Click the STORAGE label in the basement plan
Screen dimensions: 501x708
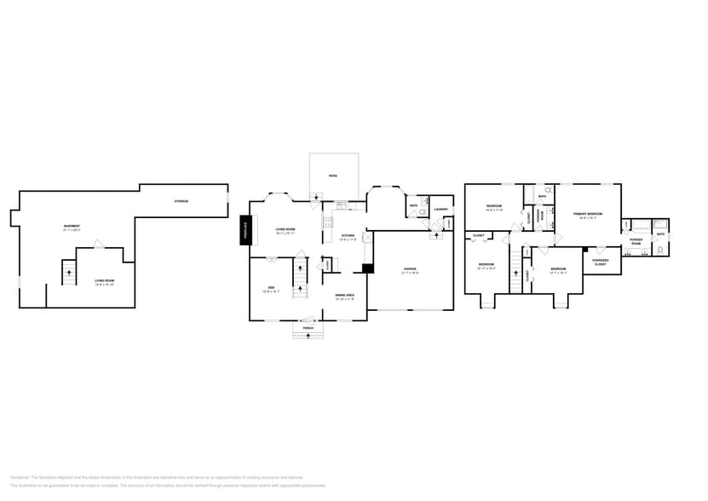[181, 201]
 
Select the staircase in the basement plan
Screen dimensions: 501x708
[69, 274]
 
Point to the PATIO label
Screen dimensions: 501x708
[333, 176]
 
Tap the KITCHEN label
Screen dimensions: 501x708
[348, 236]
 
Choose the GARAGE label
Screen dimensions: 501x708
[410, 270]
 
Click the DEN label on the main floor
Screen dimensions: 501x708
[271, 288]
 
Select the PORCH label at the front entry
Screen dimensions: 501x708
[308, 328]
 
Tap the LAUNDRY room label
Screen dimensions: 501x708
[440, 209]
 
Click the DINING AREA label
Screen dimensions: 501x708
[344, 296]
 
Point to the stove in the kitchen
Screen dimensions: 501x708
[326, 223]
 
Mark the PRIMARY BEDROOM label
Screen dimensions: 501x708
[588, 214]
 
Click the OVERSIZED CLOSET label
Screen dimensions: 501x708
[601, 262]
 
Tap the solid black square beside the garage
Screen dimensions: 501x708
[367, 268]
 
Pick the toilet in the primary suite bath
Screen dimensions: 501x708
[662, 250]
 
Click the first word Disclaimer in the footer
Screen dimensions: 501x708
[20, 478]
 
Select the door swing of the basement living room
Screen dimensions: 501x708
[99, 245]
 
